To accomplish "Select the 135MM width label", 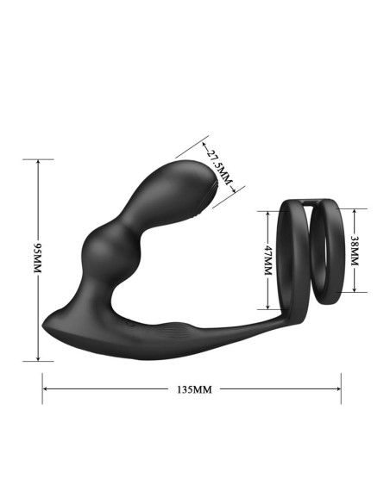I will pos(192,388).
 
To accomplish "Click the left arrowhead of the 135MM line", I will pos(46,388).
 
